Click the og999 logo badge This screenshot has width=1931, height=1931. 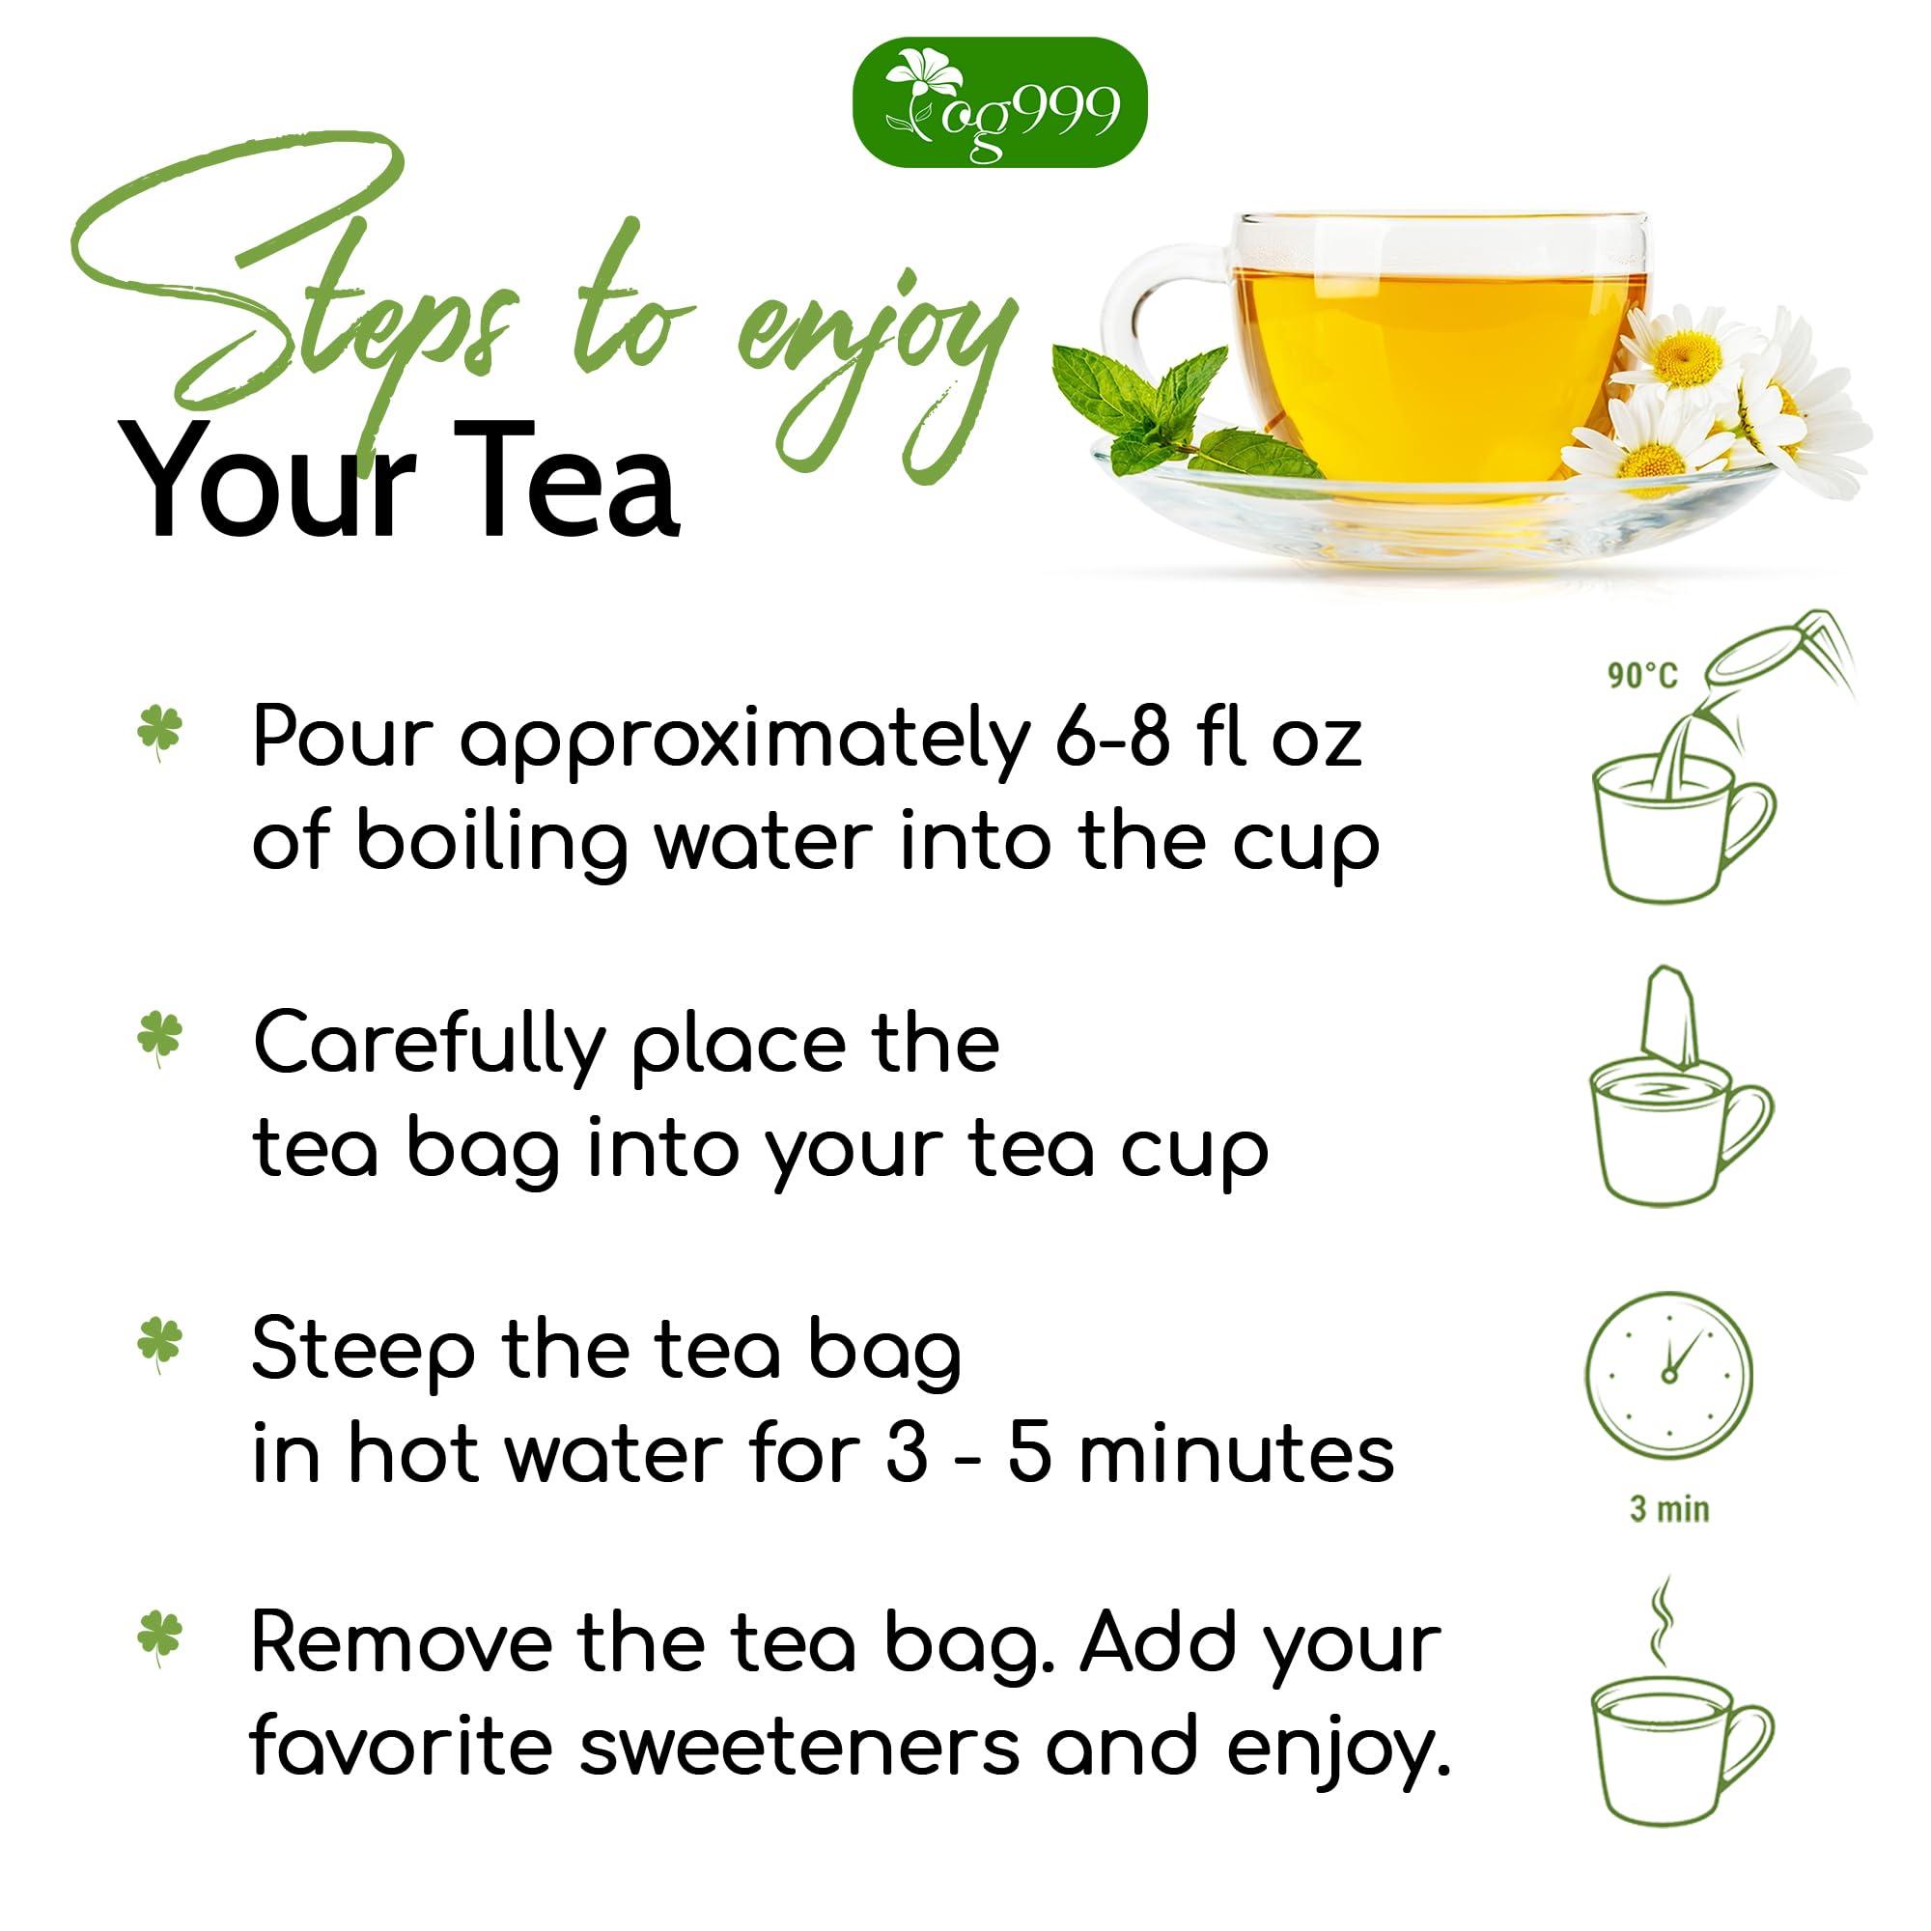pos(998,103)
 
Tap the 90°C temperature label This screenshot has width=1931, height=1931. pos(1641,676)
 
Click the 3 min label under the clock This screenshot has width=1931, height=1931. pos(1669,1508)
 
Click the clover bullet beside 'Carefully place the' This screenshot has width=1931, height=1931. pos(160,1040)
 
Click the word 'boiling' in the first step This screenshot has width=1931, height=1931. pos(490,845)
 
